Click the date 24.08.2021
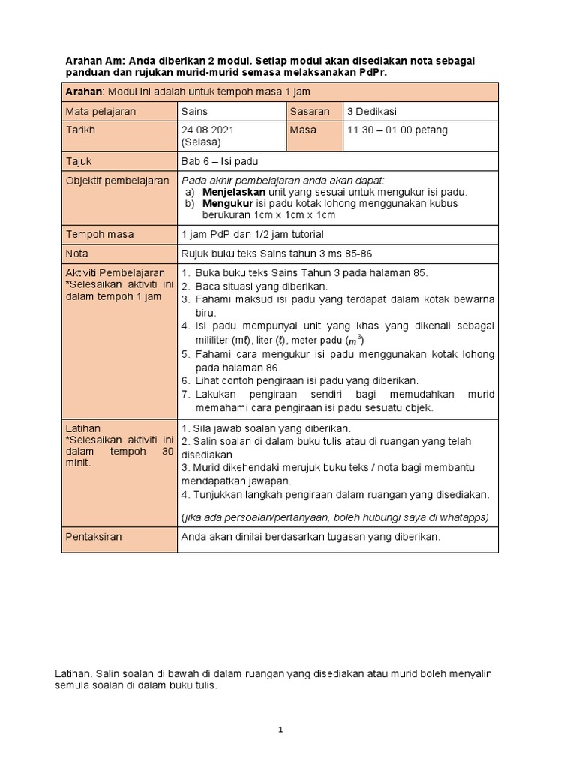point(208,130)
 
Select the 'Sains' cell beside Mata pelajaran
point(196,111)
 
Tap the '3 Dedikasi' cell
point(372,111)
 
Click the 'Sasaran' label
point(309,111)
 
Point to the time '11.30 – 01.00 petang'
point(397,130)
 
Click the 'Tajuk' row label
point(79,161)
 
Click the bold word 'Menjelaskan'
point(234,192)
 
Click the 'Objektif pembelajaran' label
point(117,181)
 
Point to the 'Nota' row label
point(77,253)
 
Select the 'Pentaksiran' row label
point(94,538)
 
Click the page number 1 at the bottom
point(280,730)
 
